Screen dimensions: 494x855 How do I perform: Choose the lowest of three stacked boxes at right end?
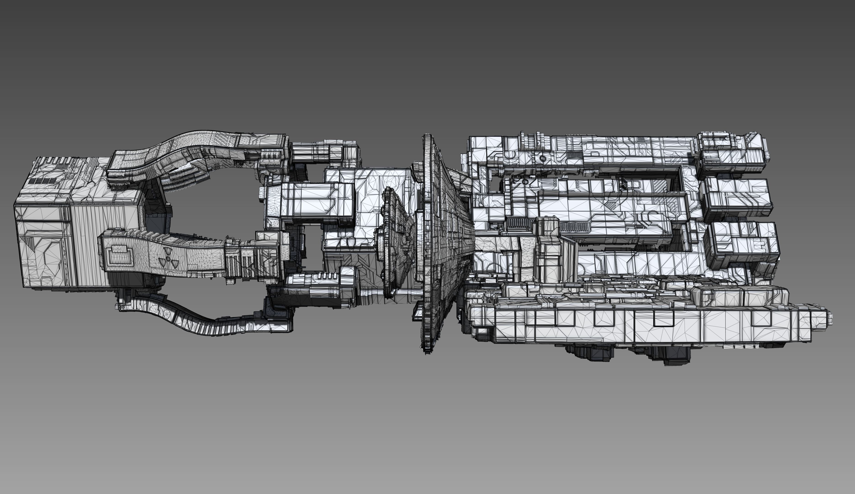pyautogui.click(x=741, y=242)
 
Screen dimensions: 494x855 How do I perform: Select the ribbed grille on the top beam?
pyautogui.click(x=574, y=155)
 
